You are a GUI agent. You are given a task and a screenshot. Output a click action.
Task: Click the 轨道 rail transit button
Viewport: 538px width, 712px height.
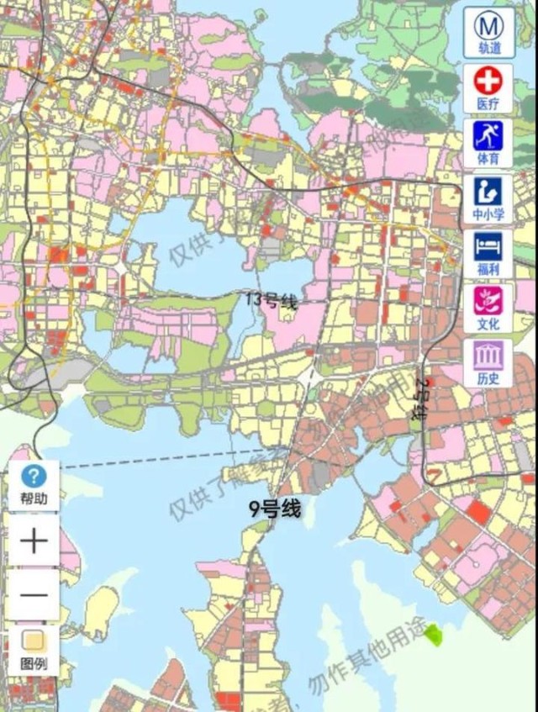pyautogui.click(x=488, y=33)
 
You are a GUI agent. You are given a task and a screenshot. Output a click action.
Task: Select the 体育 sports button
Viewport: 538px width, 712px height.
pyautogui.click(x=488, y=143)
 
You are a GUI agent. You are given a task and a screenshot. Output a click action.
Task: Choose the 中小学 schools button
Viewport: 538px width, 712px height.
pyautogui.click(x=488, y=198)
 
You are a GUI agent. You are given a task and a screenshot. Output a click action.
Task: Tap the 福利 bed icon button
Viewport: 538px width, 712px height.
pyautogui.click(x=488, y=253)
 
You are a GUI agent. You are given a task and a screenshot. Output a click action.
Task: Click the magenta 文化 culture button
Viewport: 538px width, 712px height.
pyautogui.click(x=488, y=307)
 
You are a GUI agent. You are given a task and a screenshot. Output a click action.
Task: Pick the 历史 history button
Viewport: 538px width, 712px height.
pyautogui.click(x=488, y=362)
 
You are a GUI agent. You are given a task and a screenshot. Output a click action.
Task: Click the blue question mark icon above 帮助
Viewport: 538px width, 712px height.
pyautogui.click(x=34, y=477)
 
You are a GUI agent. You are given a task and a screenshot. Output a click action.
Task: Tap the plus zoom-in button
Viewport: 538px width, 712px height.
pyautogui.click(x=34, y=541)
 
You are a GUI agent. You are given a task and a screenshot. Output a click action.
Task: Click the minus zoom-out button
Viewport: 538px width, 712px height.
pyautogui.click(x=34, y=594)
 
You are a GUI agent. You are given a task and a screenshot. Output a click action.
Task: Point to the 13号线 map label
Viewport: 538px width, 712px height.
pyautogui.click(x=272, y=300)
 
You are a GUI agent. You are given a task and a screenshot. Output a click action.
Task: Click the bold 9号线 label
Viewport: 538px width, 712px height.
pyautogui.click(x=274, y=508)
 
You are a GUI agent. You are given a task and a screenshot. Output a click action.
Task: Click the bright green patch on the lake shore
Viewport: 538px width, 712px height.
pyautogui.click(x=433, y=634)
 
